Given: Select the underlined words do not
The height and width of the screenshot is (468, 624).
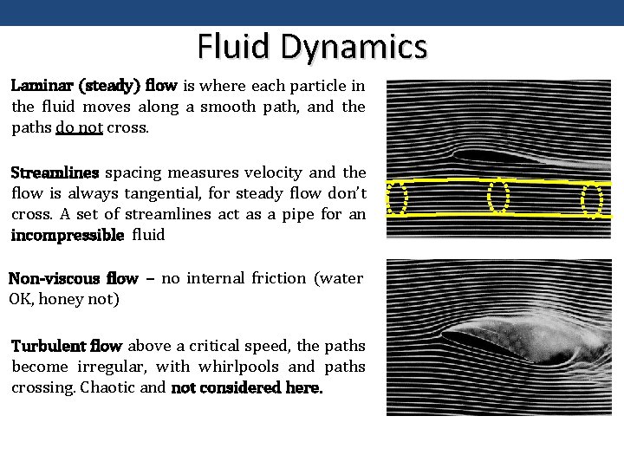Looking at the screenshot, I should click(x=79, y=127).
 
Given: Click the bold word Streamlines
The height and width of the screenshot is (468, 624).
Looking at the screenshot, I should click(x=55, y=172).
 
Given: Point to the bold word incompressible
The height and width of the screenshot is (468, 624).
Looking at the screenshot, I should click(x=68, y=235).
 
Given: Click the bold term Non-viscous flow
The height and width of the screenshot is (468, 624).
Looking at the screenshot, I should click(x=73, y=278).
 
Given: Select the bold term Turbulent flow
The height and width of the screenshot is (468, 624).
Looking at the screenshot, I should click(x=67, y=346).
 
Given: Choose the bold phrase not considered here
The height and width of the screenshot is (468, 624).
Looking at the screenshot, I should click(x=247, y=387).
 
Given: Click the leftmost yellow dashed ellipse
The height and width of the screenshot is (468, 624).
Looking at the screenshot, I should click(x=396, y=198).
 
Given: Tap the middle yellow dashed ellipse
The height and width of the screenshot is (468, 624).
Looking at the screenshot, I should click(x=497, y=196).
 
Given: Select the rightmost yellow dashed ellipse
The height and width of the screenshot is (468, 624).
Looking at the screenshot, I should click(x=592, y=200).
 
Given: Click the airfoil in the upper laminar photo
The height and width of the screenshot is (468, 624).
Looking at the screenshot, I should click(x=494, y=157).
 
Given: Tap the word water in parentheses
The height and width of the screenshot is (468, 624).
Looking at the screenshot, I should click(x=341, y=278).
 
